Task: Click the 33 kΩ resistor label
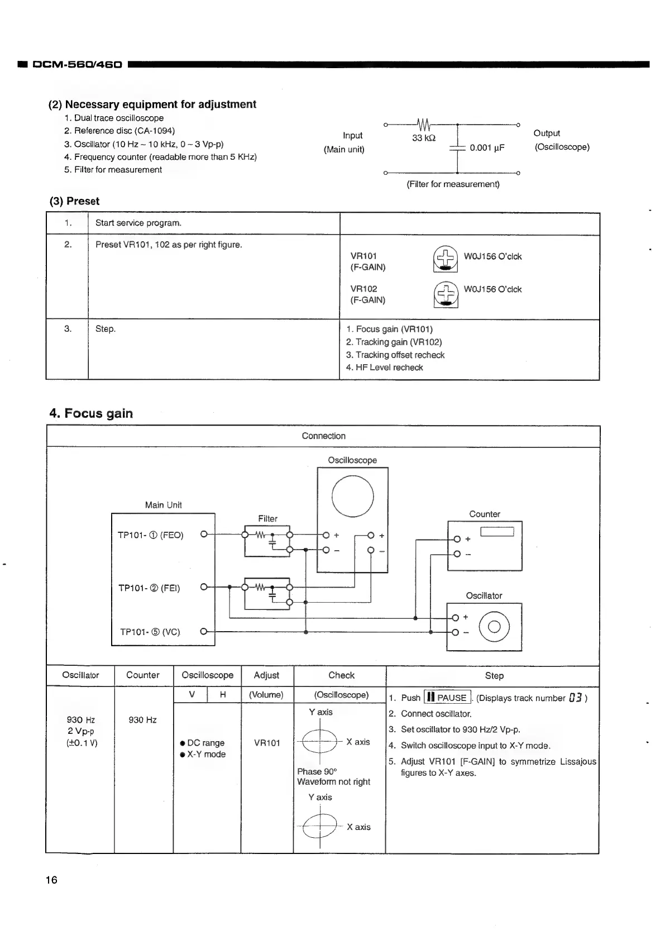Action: coord(424,138)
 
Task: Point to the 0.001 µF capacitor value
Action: coord(487,147)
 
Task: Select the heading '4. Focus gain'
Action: coord(91,413)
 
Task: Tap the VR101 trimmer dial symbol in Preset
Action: coord(445,259)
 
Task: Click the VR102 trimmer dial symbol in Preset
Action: coord(445,294)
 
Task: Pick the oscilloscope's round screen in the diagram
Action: coord(352,496)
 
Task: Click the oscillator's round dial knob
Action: coord(494,627)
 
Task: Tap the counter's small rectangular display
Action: coord(496,532)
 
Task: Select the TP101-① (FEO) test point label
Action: coord(150,535)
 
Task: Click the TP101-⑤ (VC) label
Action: coord(150,632)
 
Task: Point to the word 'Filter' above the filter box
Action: coord(267,518)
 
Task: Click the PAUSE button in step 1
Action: coord(447,698)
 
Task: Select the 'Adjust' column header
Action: coord(266,675)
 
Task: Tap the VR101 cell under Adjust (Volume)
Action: coord(267,743)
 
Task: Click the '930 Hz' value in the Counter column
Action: coord(142,720)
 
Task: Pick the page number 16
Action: coord(51,880)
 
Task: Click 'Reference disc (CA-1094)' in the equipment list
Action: coord(124,131)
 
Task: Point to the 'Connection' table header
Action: coord(323,436)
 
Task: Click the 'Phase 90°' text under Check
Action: coord(317,771)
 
